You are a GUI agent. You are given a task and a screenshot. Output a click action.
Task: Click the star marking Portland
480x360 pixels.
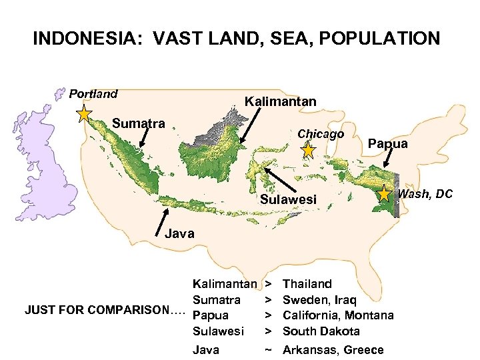(84, 114)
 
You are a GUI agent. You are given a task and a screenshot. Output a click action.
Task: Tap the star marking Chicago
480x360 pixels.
(307, 151)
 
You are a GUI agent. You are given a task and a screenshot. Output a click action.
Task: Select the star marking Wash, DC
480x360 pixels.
(385, 194)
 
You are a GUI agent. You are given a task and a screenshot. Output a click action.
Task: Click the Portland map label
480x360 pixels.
(93, 94)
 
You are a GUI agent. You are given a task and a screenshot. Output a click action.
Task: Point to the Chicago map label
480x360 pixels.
(321, 134)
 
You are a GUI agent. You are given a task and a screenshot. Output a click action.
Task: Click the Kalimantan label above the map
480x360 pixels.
(280, 101)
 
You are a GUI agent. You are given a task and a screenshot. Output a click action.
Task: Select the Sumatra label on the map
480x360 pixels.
(139, 123)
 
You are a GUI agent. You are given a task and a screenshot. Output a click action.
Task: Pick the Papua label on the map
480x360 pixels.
(388, 143)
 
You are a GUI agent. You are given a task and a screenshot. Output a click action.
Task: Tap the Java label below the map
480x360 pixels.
(179, 233)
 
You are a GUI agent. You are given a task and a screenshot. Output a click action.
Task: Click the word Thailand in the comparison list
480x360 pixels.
(307, 284)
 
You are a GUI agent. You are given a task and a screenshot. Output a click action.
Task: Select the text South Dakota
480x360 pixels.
(321, 331)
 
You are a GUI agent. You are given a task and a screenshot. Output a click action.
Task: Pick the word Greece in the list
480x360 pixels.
(364, 350)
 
